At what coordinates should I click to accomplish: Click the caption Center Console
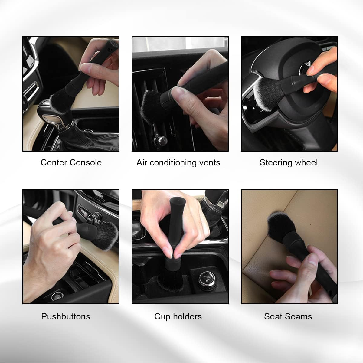(71, 162)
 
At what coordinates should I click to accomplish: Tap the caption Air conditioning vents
(178, 162)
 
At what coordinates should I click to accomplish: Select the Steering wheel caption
(289, 162)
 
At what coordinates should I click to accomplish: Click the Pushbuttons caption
(66, 316)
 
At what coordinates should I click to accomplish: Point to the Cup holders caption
(178, 316)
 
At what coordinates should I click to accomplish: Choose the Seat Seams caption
(288, 316)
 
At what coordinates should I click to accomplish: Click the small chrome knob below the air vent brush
(161, 140)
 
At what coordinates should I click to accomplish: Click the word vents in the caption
(210, 162)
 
